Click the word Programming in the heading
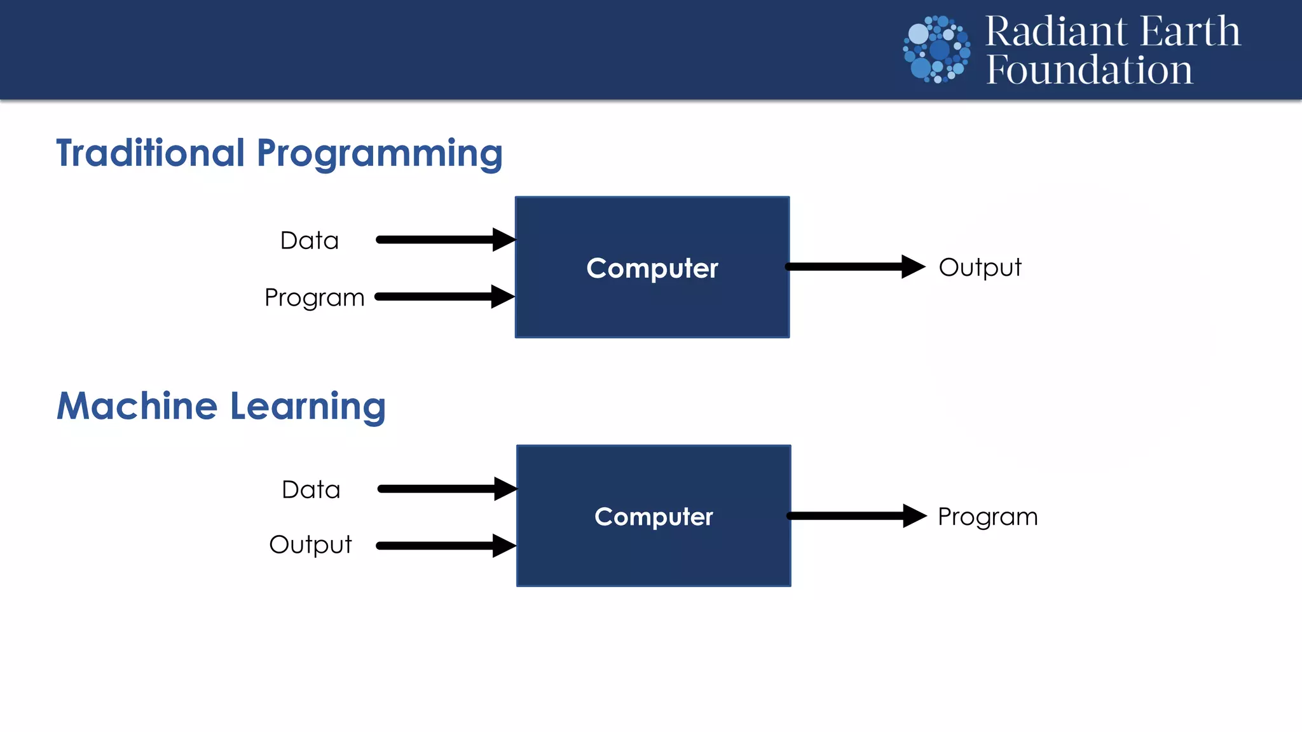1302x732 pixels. [x=380, y=154]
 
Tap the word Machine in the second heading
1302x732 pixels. [x=137, y=406]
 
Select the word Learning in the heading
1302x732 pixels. [x=308, y=407]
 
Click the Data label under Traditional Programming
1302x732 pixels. [x=310, y=241]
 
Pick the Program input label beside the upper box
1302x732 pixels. [x=314, y=297]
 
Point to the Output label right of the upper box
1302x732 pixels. [x=980, y=268]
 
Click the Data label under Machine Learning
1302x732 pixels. [x=311, y=490]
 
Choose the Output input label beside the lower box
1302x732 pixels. [x=310, y=545]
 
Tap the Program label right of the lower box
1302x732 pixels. [x=987, y=517]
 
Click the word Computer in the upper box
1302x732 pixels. [x=652, y=268]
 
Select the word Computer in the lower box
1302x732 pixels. [x=654, y=517]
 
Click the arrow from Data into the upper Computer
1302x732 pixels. [x=445, y=240]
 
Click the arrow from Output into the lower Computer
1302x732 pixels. [x=445, y=546]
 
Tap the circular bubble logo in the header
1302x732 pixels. [x=936, y=50]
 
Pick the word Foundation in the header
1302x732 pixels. [x=1089, y=70]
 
